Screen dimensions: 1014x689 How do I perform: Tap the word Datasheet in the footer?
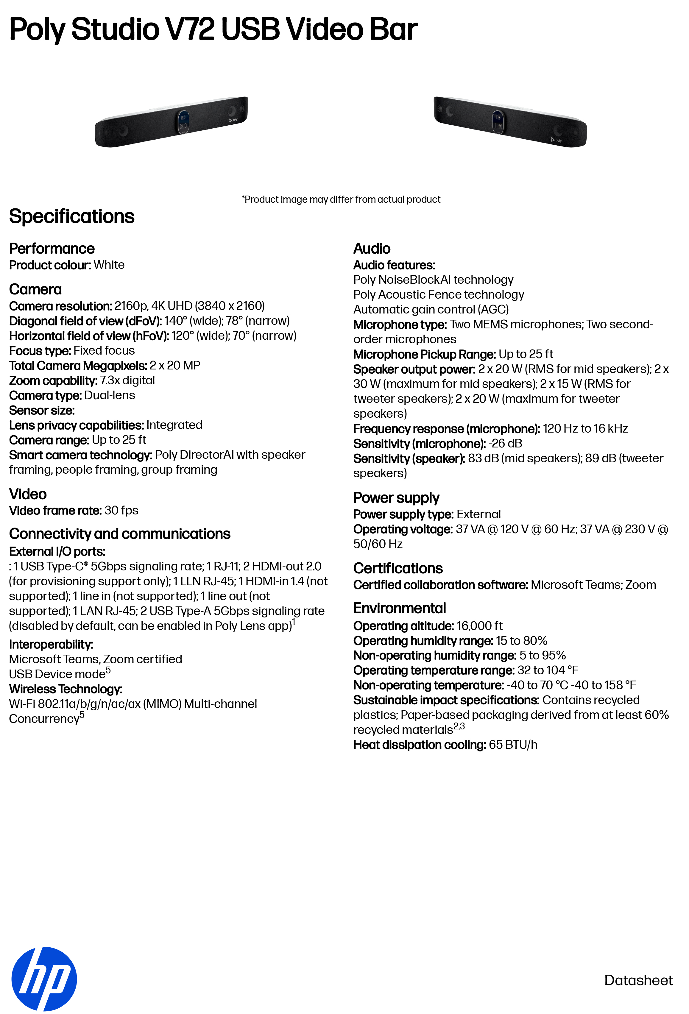pos(638,980)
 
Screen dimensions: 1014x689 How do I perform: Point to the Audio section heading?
pos(372,248)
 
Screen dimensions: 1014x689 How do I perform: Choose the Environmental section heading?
pos(399,608)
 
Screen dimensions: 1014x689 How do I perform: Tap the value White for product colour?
pos(109,265)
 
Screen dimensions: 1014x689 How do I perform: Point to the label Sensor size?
pos(42,410)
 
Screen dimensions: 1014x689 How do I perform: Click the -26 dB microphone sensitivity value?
pos(505,443)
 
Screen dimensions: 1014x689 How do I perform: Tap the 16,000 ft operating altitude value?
pos(480,626)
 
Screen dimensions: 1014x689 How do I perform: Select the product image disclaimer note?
pos(341,199)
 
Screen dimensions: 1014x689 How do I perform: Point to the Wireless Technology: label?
pos(66,689)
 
